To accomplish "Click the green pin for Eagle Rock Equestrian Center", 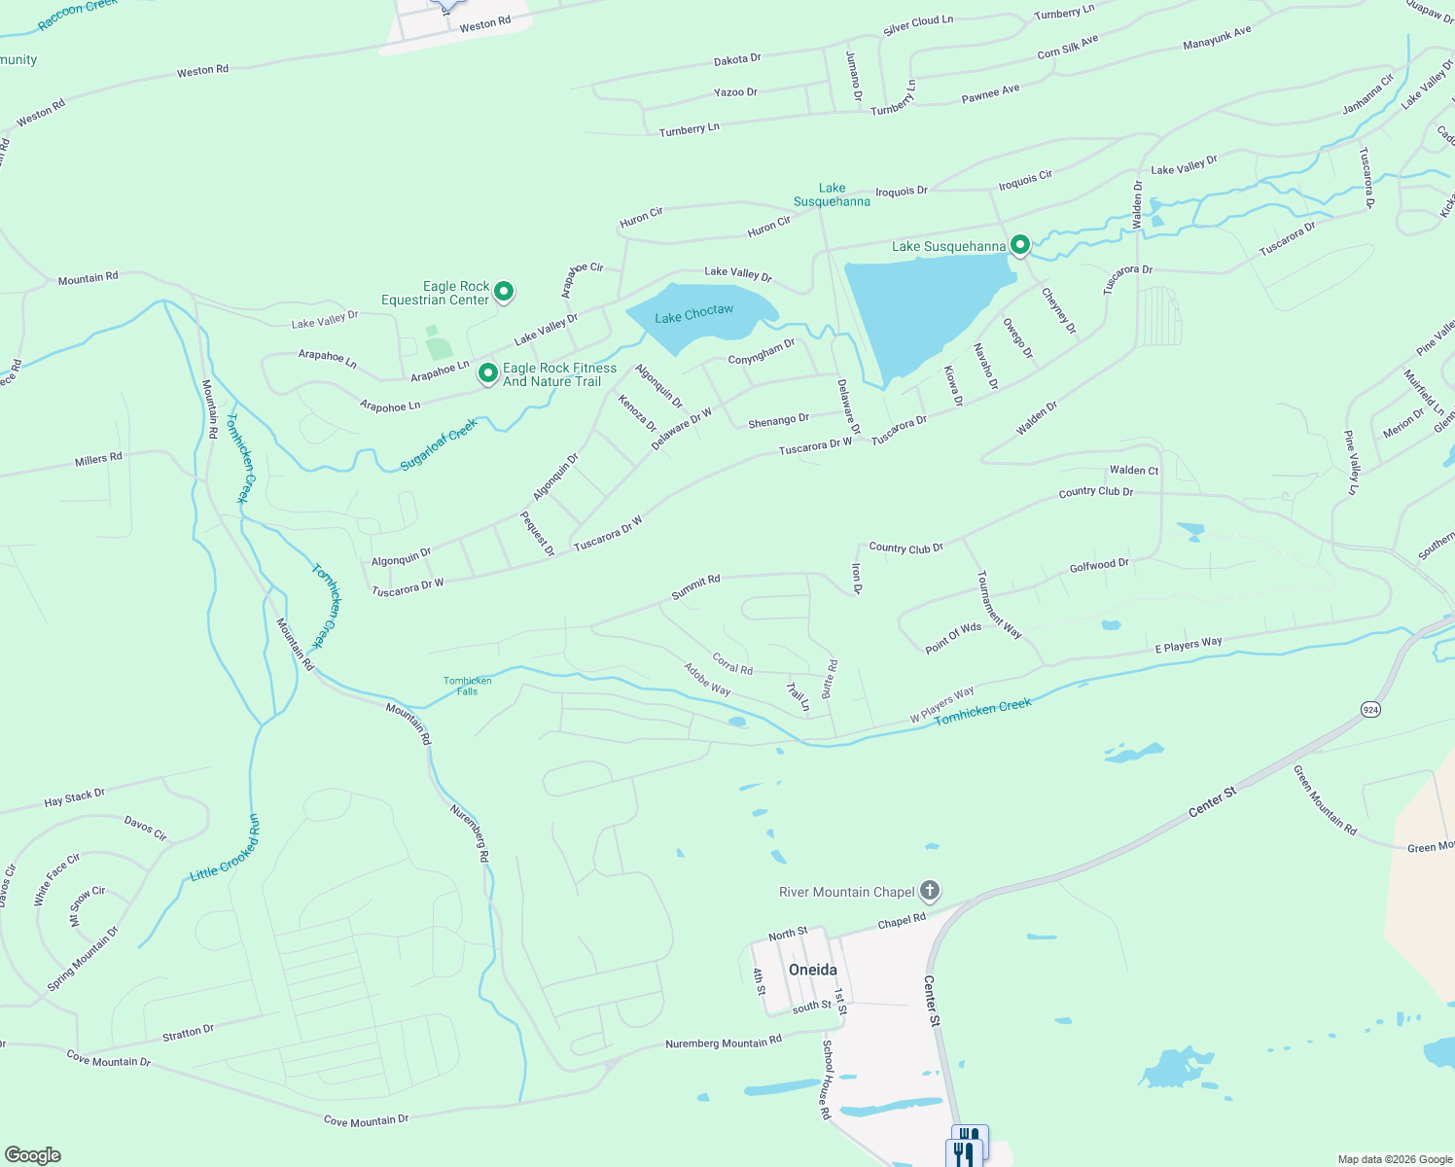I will (x=504, y=291).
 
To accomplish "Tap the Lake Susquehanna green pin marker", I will (x=1019, y=245).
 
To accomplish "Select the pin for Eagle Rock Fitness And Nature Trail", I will (x=488, y=373).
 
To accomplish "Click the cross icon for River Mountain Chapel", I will (x=930, y=890).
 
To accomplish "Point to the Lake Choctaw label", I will (x=693, y=313).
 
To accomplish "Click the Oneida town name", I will (x=812, y=970).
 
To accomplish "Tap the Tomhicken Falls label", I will (x=468, y=686).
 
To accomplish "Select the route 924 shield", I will (x=1370, y=709).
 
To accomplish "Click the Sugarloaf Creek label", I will (x=439, y=445).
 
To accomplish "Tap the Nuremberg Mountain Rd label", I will (x=723, y=1043).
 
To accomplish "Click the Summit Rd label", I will (x=695, y=586).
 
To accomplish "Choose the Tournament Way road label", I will (x=999, y=604).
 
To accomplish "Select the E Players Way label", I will (x=1188, y=645).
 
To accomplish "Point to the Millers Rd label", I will (x=98, y=459).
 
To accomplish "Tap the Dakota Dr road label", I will (x=737, y=59).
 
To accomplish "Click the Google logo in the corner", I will (x=32, y=1154).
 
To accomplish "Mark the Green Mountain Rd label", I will (x=1324, y=800).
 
